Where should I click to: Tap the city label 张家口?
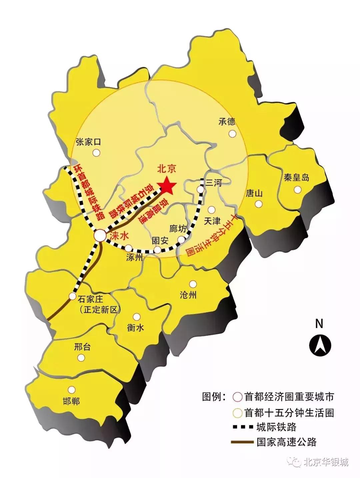point(88,142)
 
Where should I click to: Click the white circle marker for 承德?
point(232,134)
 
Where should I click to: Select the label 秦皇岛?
point(296,177)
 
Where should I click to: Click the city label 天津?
point(212,221)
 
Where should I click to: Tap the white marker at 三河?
point(201,189)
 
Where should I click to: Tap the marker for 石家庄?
point(72,296)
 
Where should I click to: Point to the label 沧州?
point(188,295)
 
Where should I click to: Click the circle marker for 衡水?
point(136,317)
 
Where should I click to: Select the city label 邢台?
point(82,347)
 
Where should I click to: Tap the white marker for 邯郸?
point(71,389)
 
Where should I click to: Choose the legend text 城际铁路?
point(276,427)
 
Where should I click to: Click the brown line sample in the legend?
point(242,442)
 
